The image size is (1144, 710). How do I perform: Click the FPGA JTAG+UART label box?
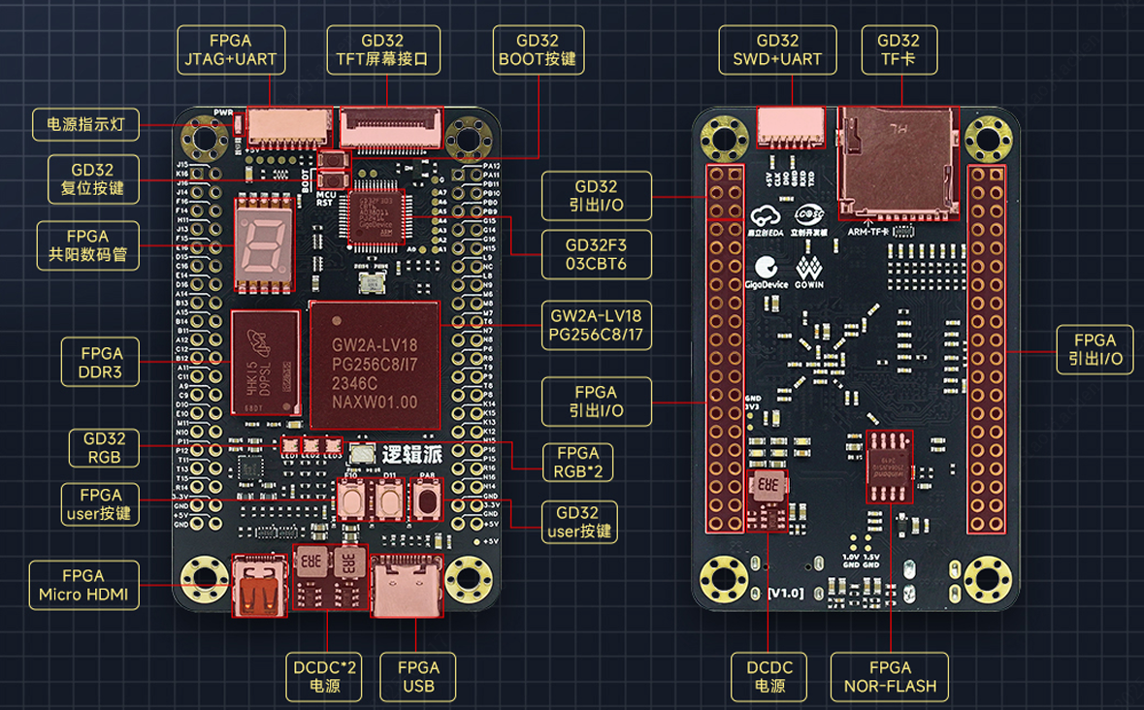pos(231,50)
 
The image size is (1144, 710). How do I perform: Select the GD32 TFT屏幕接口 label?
pos(382,50)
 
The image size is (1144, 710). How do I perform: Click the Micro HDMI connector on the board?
pos(259,586)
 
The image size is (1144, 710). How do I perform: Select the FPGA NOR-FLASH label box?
pos(890,677)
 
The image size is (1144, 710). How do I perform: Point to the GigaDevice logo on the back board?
pos(766,273)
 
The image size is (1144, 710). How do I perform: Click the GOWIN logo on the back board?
pos(809,273)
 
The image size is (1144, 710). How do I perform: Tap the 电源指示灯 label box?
pos(86,124)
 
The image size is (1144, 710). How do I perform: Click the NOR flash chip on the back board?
pos(891,465)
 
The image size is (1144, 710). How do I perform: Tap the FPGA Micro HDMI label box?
pos(83,585)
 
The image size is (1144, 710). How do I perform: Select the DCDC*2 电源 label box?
pos(324,677)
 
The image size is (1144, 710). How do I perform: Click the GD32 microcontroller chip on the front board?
pos(376,214)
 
